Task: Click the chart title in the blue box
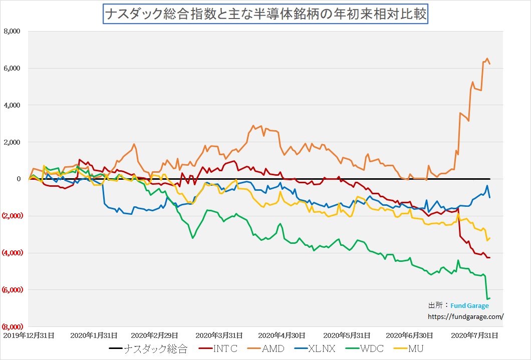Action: click(x=265, y=14)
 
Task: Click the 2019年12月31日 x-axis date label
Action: click(x=29, y=335)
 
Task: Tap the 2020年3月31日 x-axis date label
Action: click(x=219, y=335)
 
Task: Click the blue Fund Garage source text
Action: click(x=469, y=306)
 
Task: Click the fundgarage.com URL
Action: click(x=465, y=316)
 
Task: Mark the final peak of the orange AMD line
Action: click(x=487, y=58)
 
